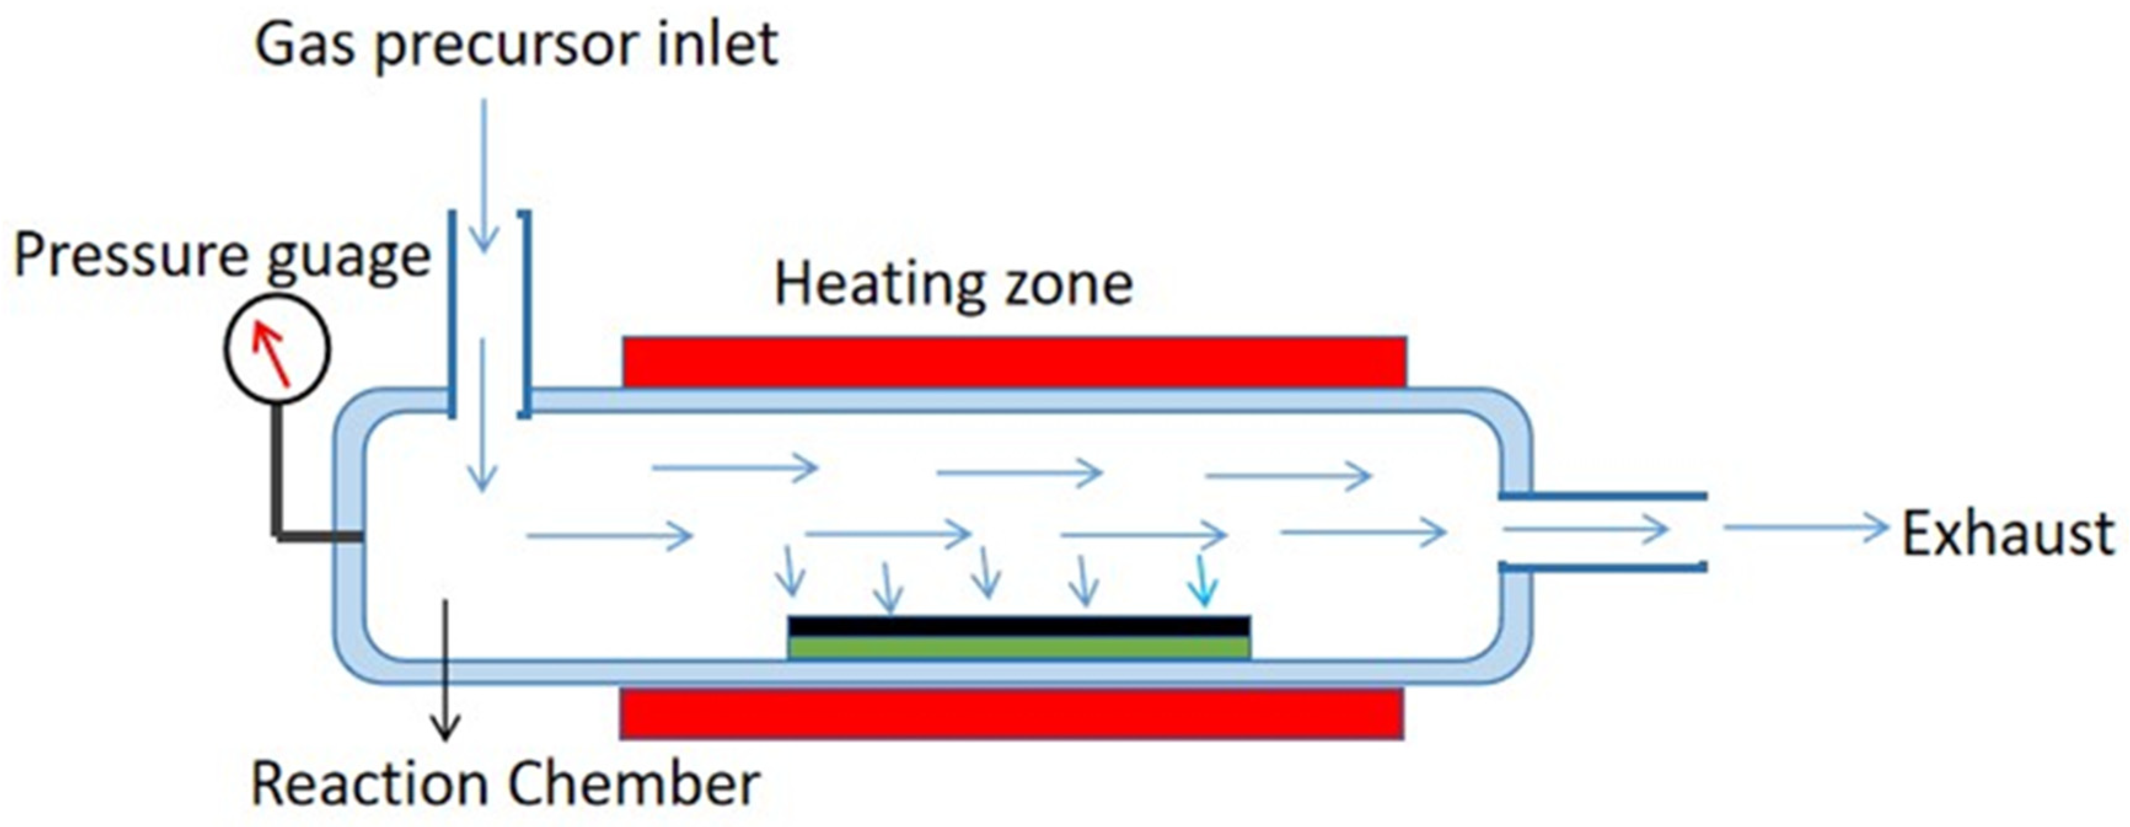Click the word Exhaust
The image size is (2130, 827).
point(2008,533)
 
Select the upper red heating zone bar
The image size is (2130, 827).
point(1014,361)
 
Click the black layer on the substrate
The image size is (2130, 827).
point(1019,626)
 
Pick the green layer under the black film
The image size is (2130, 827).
point(1019,648)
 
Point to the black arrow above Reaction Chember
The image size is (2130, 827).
point(447,670)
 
